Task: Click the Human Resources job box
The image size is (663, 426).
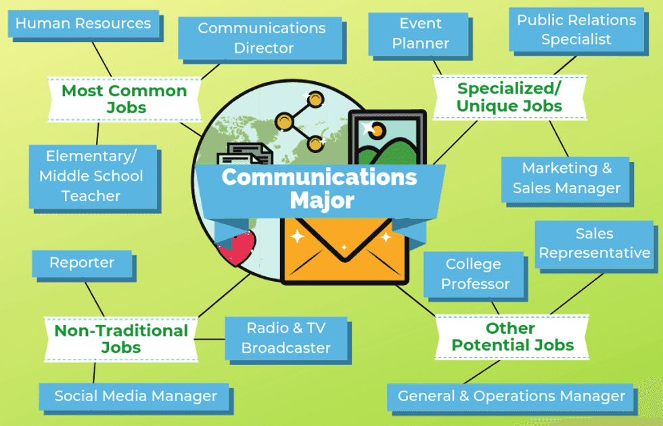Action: point(83,24)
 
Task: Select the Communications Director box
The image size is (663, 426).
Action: point(261,38)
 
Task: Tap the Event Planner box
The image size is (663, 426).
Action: point(420,33)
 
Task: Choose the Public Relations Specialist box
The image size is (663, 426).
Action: point(576,30)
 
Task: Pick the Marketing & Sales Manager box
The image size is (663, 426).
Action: point(566,178)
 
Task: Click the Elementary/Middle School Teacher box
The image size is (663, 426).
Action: point(91,176)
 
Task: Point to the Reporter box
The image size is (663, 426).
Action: point(82,263)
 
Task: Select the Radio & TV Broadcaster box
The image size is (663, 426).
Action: point(285,338)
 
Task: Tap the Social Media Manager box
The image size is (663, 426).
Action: point(135,396)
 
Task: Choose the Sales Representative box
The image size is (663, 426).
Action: point(594,243)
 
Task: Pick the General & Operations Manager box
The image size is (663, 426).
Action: point(511,396)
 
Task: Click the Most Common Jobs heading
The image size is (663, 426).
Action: point(124,99)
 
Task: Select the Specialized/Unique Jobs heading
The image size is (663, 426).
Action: point(509,98)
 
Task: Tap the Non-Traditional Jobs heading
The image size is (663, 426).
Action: point(121,339)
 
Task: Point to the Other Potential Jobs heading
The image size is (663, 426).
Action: point(512,337)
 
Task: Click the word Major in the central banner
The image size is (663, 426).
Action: point(321,200)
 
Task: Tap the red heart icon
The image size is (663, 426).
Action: point(235,248)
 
